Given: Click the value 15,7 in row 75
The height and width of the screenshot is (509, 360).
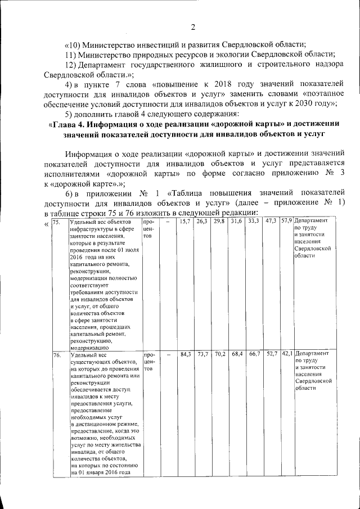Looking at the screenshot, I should click(184, 222).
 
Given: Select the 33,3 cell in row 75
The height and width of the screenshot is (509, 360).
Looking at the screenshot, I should click(253, 222).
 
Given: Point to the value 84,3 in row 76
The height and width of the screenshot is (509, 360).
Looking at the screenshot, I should click(185, 354).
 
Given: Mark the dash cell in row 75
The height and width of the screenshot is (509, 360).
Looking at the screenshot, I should click(168, 222).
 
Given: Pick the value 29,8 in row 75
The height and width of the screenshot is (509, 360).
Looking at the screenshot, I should click(219, 222).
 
